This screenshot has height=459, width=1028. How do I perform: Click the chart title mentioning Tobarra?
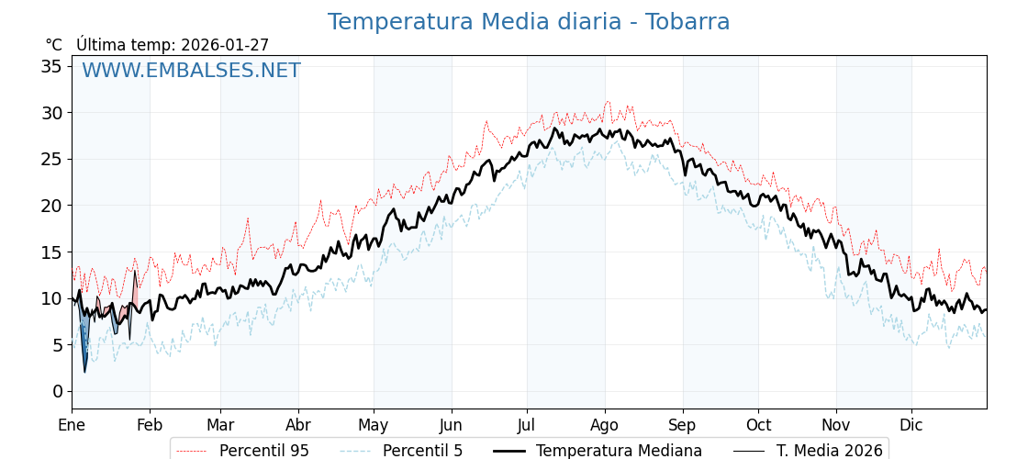[529, 22]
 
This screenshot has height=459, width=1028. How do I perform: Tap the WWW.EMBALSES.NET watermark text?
[191, 71]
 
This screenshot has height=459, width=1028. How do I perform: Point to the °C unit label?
[54, 45]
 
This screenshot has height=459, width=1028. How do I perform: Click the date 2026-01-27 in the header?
[225, 45]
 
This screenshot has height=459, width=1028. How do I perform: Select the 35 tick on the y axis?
[51, 66]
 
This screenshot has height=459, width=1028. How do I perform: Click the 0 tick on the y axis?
[57, 391]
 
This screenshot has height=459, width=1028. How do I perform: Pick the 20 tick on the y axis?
[51, 206]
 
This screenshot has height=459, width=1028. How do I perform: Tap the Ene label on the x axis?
[72, 425]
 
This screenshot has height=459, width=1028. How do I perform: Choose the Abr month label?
[298, 425]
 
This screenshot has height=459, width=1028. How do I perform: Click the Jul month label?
[527, 425]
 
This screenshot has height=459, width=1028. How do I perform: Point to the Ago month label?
[605, 425]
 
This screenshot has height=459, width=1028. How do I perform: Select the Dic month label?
[911, 425]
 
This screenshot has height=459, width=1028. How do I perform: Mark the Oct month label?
[758, 425]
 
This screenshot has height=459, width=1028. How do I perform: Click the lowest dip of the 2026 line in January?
[84, 371]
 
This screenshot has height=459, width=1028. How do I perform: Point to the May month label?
[374, 425]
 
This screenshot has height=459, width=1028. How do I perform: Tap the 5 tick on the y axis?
[57, 344]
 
